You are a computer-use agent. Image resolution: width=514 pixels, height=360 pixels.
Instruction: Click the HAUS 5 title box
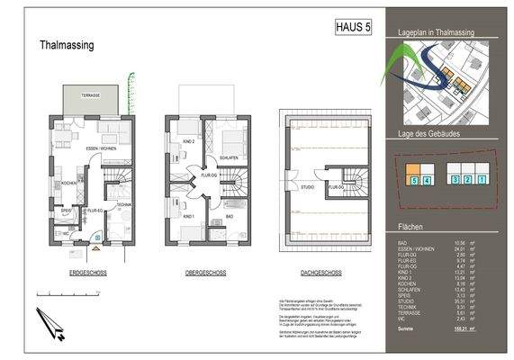pyautogui.click(x=353, y=28)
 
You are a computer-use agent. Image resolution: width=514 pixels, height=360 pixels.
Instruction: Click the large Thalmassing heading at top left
pyautogui.click(x=68, y=44)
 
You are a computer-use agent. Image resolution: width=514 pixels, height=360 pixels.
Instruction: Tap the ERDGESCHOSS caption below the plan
pyautogui.click(x=90, y=271)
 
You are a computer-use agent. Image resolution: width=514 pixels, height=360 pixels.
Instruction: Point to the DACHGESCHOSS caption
pyautogui.click(x=320, y=271)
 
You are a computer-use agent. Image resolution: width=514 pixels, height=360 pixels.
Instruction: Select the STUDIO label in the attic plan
pyautogui.click(x=307, y=188)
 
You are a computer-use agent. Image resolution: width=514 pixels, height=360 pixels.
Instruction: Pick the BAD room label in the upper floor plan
pyautogui.click(x=230, y=216)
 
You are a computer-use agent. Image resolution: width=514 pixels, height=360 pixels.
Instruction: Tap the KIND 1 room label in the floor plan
pyautogui.click(x=188, y=217)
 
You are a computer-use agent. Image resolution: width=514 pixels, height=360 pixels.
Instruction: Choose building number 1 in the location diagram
pyautogui.click(x=482, y=180)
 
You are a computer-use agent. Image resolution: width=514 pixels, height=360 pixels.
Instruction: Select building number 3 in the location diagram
pyautogui.click(x=455, y=180)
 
